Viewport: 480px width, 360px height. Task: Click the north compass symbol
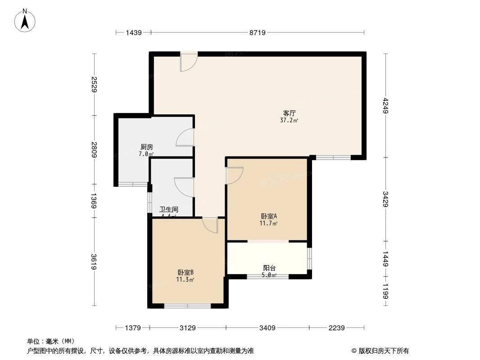pyautogui.click(x=25, y=20)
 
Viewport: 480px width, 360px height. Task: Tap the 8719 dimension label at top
pyautogui.click(x=258, y=32)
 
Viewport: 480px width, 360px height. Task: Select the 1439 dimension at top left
pyautogui.click(x=134, y=32)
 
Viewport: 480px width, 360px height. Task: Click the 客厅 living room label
pyautogui.click(x=289, y=113)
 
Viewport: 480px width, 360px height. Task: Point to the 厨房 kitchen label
pyautogui.click(x=146, y=147)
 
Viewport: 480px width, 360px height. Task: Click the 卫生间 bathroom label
pyautogui.click(x=169, y=209)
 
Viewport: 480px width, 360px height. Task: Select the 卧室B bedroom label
pyautogui.click(x=186, y=272)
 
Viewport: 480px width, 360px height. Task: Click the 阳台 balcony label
pyautogui.click(x=269, y=268)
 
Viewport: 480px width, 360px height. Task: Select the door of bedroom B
pyautogui.click(x=210, y=225)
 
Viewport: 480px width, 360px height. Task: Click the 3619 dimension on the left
pyautogui.click(x=93, y=262)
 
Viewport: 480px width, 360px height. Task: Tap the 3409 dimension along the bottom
pyautogui.click(x=267, y=328)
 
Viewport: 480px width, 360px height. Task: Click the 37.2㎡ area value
pyautogui.click(x=289, y=121)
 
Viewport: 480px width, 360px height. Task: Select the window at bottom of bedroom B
pyautogui.click(x=187, y=306)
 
